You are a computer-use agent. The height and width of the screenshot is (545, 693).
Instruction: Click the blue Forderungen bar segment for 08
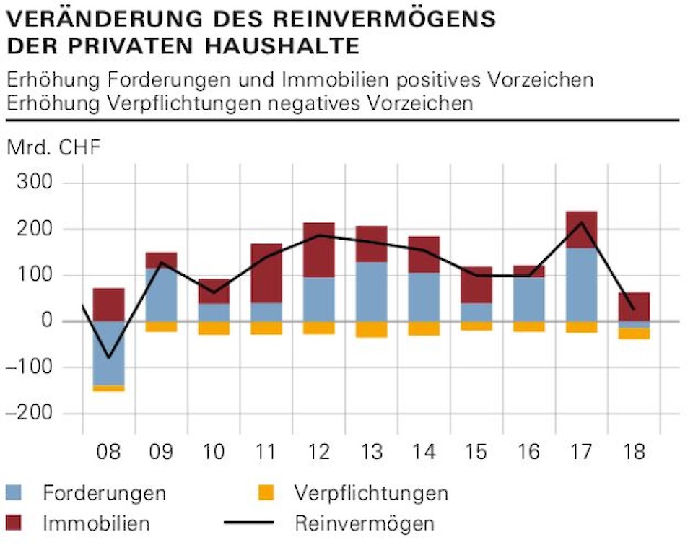[108, 353]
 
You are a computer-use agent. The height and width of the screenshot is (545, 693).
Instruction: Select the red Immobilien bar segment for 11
[266, 273]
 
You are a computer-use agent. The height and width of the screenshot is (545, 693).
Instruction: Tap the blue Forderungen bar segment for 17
[581, 284]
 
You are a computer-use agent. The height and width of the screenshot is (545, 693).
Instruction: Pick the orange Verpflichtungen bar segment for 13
[371, 329]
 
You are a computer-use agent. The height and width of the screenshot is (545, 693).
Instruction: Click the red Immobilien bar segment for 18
[634, 306]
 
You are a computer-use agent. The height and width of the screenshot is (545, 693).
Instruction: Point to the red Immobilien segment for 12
[318, 250]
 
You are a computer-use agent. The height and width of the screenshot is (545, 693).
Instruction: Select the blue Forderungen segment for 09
[161, 295]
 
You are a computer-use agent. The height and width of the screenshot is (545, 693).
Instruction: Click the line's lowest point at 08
[108, 357]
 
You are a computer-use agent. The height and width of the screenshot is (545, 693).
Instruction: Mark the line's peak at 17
[581, 222]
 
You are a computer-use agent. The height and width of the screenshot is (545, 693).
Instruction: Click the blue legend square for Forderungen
[14, 494]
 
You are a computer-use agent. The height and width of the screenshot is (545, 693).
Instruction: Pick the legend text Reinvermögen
[365, 523]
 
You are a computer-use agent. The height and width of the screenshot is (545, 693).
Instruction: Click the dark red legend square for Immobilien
[14, 523]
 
